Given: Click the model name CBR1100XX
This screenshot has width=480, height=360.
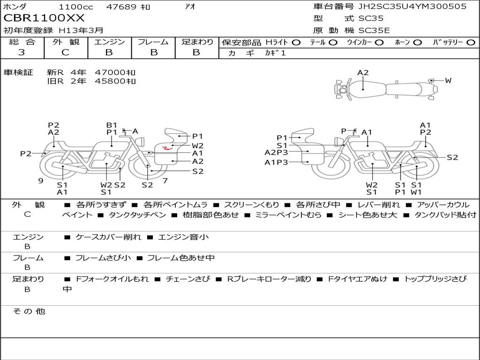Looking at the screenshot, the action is [x=44, y=18].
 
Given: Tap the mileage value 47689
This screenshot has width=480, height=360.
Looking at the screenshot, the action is [x=121, y=7].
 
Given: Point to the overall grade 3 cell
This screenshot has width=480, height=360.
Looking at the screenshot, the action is [x=22, y=52].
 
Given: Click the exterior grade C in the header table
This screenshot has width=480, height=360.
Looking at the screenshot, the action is [x=66, y=52].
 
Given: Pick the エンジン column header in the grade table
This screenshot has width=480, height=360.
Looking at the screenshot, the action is [x=109, y=42].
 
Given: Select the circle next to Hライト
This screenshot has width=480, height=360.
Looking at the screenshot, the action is [x=296, y=43].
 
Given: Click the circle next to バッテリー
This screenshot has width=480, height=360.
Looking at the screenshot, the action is [x=471, y=43].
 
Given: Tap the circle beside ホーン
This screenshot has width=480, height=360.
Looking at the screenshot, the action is [x=418, y=43].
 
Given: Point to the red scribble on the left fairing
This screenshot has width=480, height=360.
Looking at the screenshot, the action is [x=167, y=149].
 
